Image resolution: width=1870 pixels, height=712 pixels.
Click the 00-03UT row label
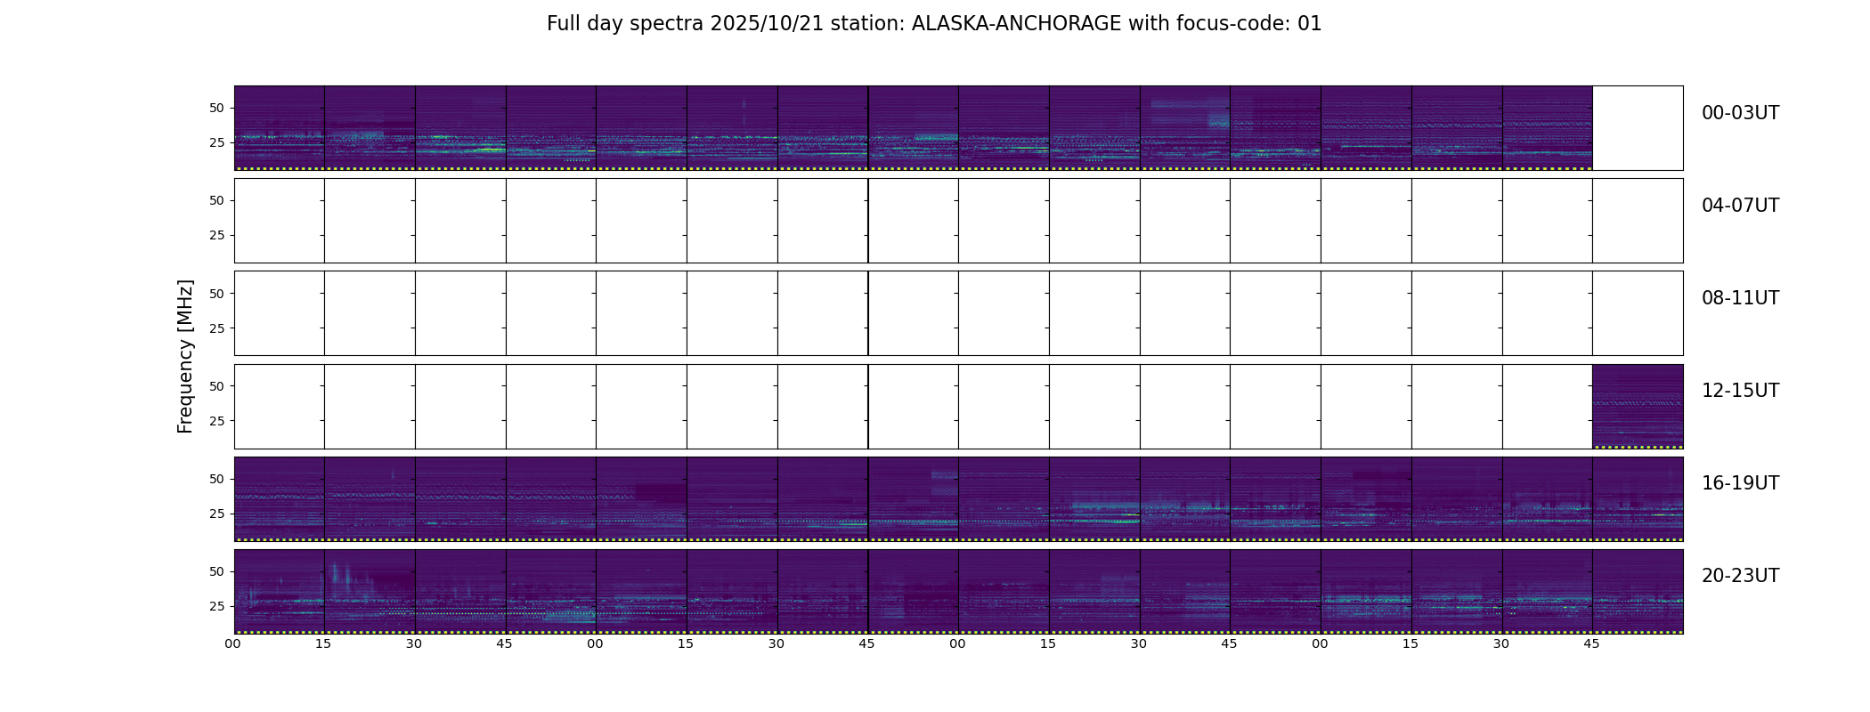coord(1740,113)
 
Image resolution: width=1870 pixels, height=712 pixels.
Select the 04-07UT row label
coord(1740,206)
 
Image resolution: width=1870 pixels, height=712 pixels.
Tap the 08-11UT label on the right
coord(1740,298)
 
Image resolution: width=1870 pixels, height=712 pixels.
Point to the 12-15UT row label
coord(1740,391)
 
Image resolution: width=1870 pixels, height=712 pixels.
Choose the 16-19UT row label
coord(1740,483)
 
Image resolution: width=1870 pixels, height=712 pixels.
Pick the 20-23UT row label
coord(1740,576)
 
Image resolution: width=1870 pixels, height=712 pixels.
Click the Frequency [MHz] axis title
coord(185,356)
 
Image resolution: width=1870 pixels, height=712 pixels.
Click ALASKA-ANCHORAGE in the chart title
coord(1016,24)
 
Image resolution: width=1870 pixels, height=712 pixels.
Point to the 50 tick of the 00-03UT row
coord(216,109)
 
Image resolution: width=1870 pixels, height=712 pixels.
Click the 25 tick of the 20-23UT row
coord(216,607)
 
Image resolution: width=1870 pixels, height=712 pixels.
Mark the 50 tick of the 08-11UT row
coord(216,294)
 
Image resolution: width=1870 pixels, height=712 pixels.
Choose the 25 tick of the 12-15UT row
coord(216,421)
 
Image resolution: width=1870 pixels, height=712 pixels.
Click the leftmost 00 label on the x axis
coord(233,643)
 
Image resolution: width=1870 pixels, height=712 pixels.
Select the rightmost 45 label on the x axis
coord(1592,643)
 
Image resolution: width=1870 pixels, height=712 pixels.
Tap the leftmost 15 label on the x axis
coord(324,643)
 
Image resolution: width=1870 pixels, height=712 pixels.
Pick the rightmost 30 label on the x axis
coord(1501,643)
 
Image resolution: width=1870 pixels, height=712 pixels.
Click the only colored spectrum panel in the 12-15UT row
coord(1638,407)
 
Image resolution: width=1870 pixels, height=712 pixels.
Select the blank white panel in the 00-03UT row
coord(1638,128)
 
